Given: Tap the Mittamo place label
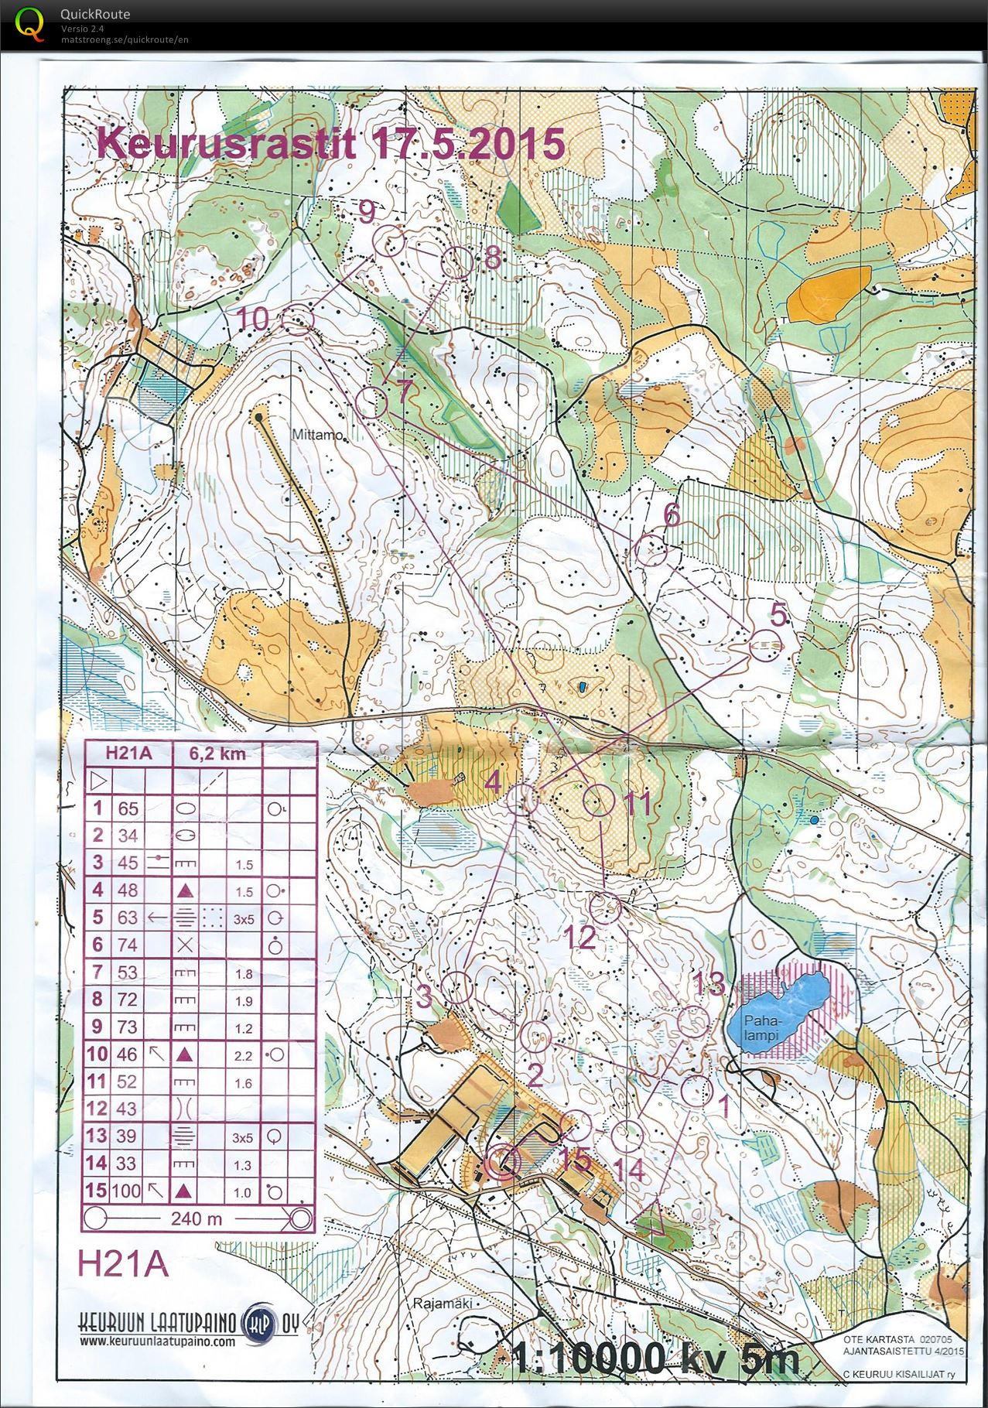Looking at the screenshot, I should coord(316,435).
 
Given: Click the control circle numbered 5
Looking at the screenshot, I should coord(766,644).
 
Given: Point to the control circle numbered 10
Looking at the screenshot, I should coord(297,318).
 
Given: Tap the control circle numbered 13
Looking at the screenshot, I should coord(693,1021).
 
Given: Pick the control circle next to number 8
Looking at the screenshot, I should coord(456,263).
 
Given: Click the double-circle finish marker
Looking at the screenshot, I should coord(504,1161).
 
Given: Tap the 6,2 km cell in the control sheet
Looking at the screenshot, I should coord(217,753).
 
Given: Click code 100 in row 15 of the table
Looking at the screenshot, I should coord(127,1191).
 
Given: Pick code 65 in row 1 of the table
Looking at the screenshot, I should coord(127,808).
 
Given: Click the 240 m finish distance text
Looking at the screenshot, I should coord(197,1219).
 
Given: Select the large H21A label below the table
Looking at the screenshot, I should coord(122,1263).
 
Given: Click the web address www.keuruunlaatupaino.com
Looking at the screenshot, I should coord(157,1341).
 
